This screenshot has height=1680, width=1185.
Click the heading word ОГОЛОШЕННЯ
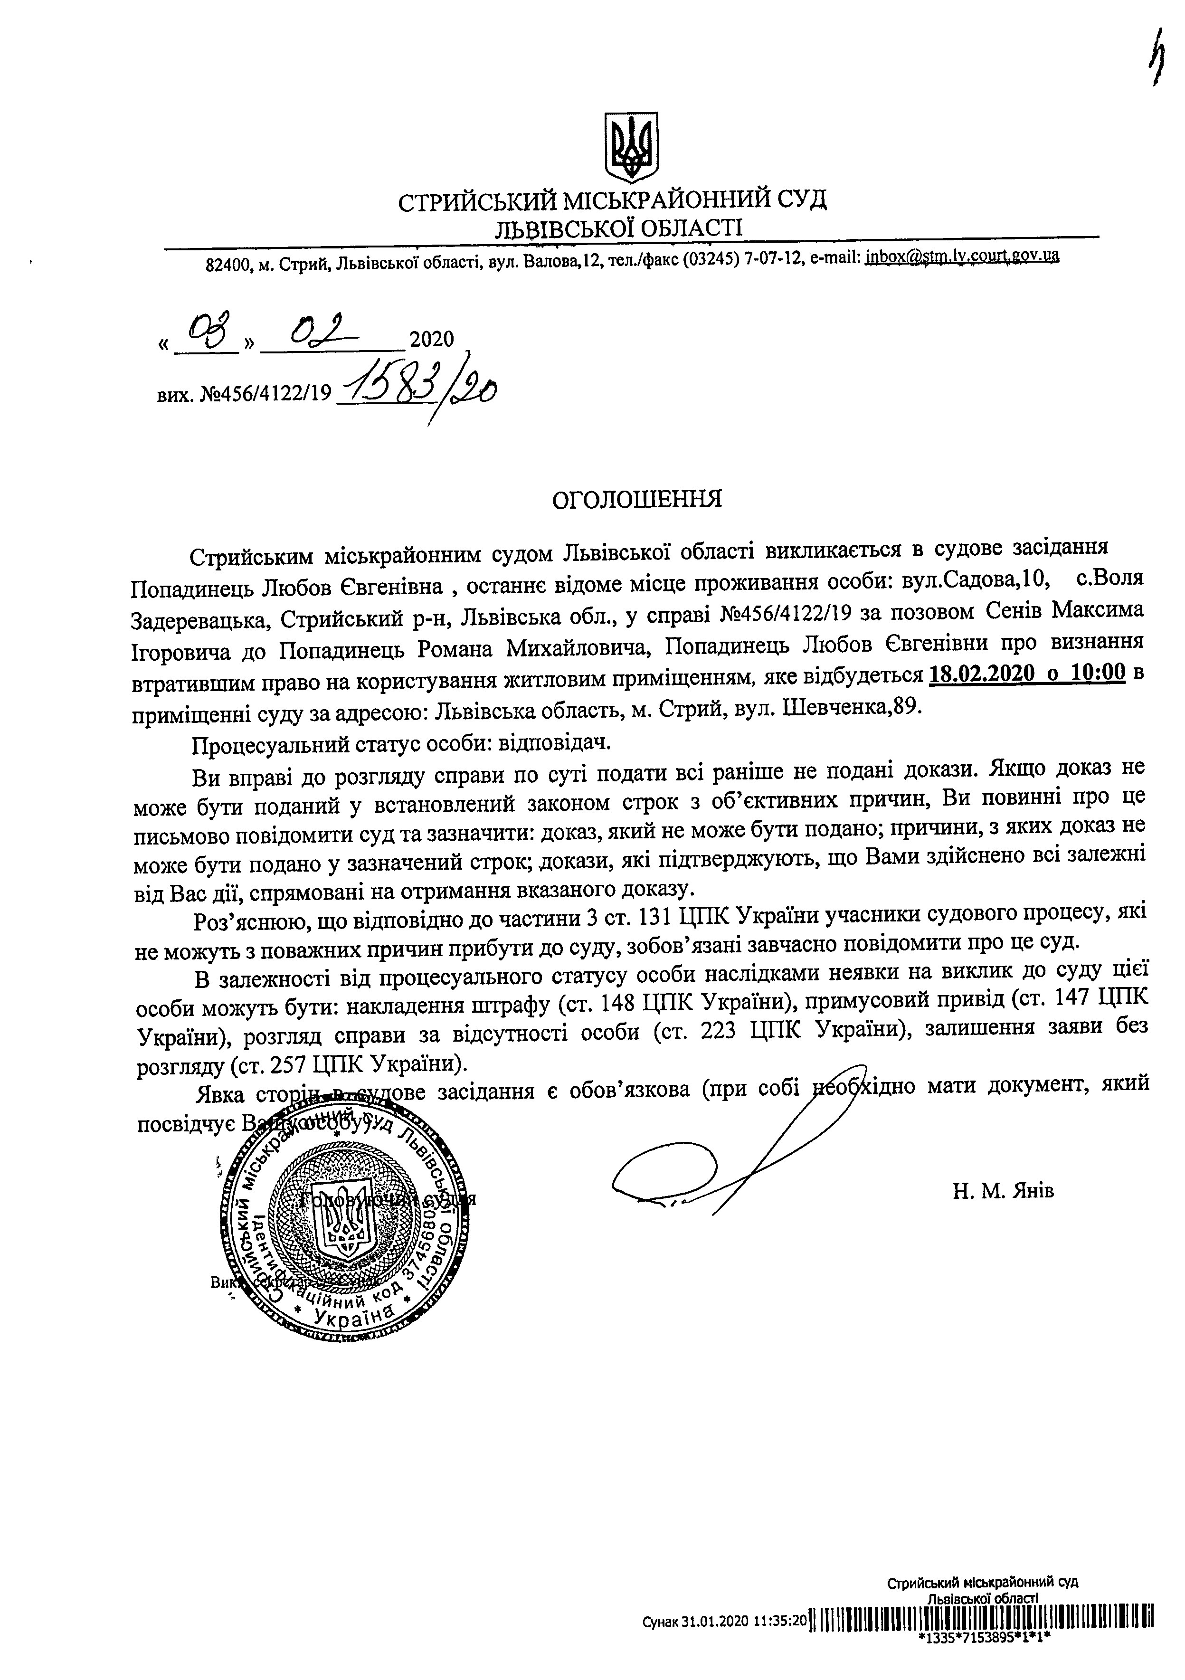[636, 499]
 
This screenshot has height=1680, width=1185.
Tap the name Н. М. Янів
[1003, 1190]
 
